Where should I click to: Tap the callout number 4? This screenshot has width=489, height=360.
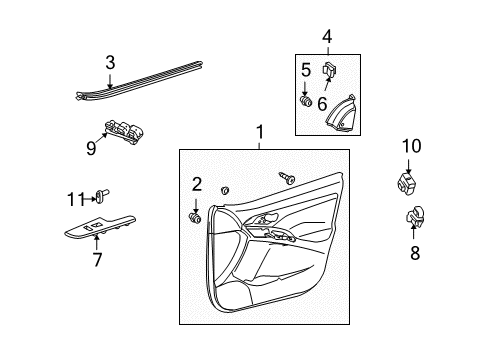tap(325, 39)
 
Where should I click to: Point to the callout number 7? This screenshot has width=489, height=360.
tap(97, 261)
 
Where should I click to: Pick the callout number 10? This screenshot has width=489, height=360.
tap(411, 147)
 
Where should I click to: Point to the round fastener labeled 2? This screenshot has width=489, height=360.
tap(194, 217)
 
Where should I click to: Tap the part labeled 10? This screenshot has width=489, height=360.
tap(406, 184)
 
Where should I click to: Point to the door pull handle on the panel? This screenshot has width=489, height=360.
tap(268, 221)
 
